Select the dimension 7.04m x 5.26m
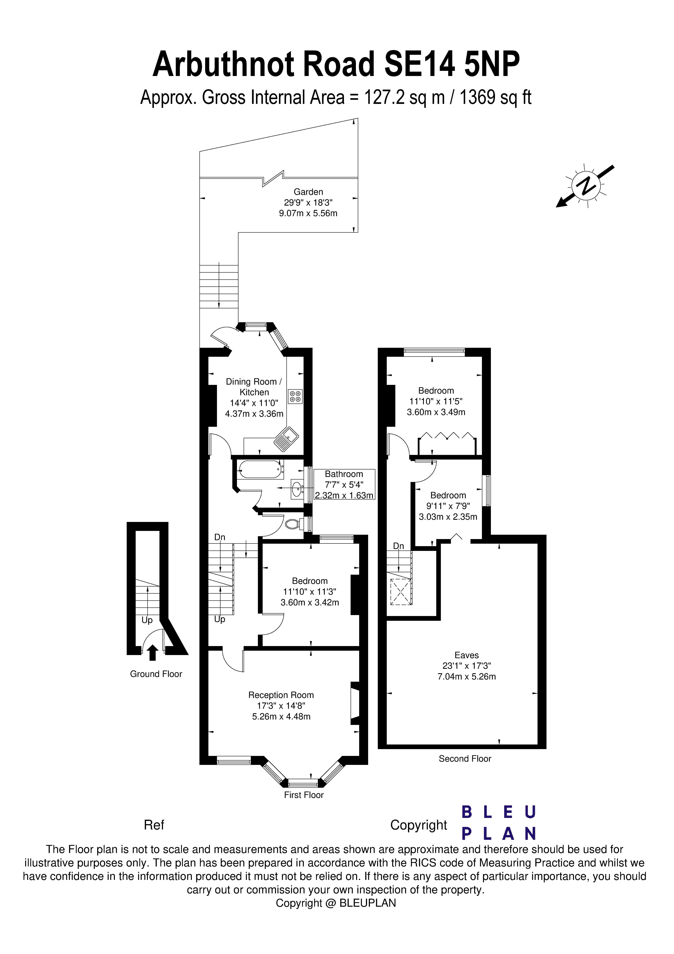tap(466, 676)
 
